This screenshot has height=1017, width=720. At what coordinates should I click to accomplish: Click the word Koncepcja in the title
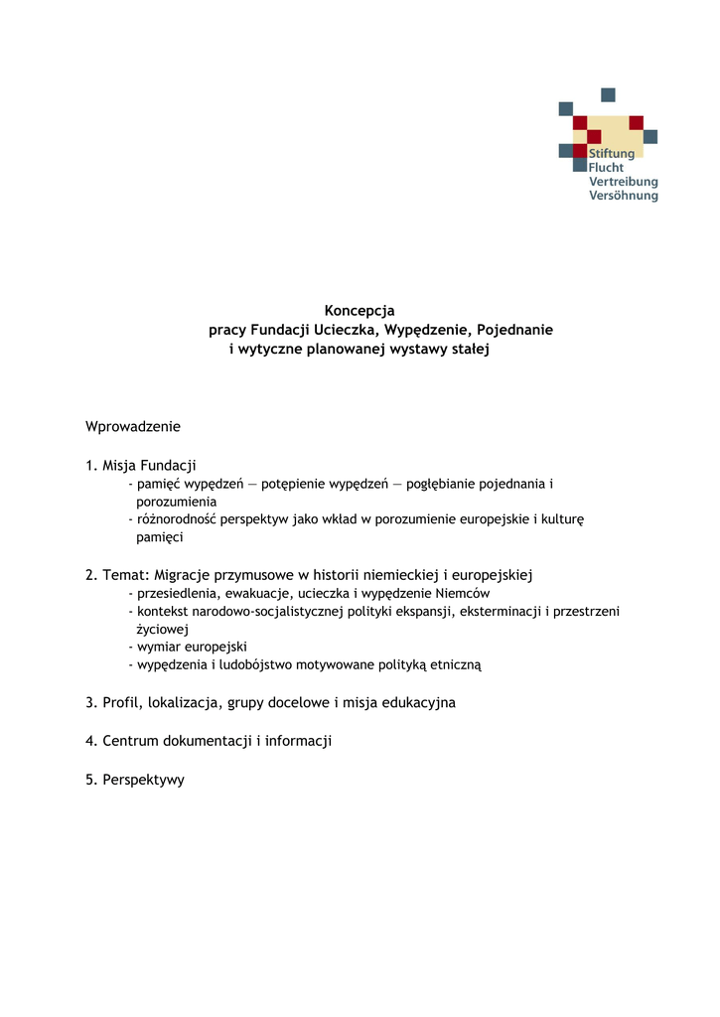(x=360, y=311)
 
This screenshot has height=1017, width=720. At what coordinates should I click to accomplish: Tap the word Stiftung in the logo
(x=612, y=154)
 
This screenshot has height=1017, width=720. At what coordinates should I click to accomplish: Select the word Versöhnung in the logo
(x=624, y=196)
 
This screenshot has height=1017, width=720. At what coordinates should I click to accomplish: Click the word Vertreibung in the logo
(x=624, y=182)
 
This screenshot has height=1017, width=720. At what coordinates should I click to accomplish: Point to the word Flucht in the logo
(x=607, y=168)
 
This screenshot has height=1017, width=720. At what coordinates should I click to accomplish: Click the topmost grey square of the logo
(x=608, y=94)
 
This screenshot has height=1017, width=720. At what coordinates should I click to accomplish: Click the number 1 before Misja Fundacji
(x=90, y=465)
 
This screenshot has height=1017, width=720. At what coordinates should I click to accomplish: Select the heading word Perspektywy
(x=143, y=780)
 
